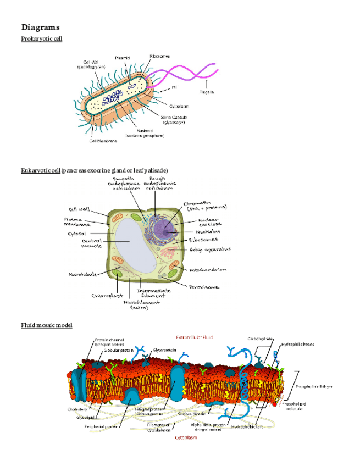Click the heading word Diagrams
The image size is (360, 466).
click(x=40, y=27)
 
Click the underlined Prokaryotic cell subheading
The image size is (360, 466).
click(x=41, y=38)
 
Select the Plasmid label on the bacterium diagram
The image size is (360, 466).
click(x=122, y=58)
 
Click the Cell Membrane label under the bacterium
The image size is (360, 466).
click(x=103, y=140)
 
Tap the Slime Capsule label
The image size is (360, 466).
click(x=173, y=119)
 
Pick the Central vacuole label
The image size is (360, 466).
click(x=91, y=243)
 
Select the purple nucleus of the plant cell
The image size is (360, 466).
click(x=164, y=229)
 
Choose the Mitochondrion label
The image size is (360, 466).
click(x=209, y=270)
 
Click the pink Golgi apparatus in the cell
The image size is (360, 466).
click(x=168, y=253)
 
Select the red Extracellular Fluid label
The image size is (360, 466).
click(x=193, y=336)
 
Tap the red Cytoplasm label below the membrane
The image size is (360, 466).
click(x=187, y=438)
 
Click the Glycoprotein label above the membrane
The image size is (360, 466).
click(x=164, y=349)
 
